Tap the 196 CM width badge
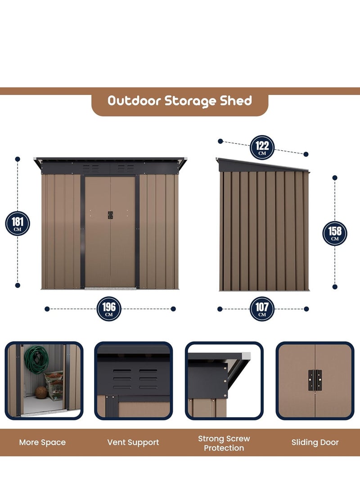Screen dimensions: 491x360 [x=109, y=309]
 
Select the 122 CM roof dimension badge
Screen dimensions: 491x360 [x=262, y=147]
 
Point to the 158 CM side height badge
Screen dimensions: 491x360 [x=335, y=233]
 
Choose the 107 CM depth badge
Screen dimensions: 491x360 [x=262, y=309]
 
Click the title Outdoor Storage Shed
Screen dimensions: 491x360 [x=180, y=100]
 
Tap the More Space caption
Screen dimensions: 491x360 [x=42, y=442]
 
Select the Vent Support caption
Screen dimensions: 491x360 [x=133, y=442]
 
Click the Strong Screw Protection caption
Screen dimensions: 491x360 [x=224, y=443]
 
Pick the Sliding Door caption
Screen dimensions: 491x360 [x=315, y=442]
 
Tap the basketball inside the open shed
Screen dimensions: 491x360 [x=41, y=392]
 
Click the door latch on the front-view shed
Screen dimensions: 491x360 [x=110, y=215]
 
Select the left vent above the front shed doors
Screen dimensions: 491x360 [x=91, y=168]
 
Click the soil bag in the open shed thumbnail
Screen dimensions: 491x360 [x=55, y=385]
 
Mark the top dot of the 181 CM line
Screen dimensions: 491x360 [x=18, y=159]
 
